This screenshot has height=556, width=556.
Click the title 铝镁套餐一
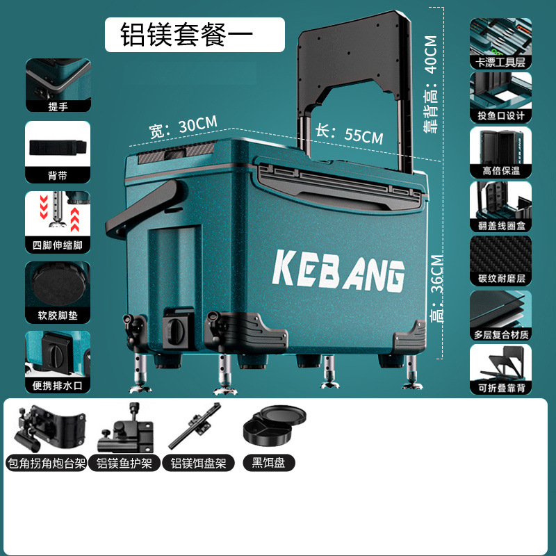tap(195, 35)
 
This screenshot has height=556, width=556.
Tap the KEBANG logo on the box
tap(339, 270)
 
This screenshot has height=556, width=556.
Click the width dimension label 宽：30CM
tap(183, 126)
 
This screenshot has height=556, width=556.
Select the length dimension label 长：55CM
tap(350, 133)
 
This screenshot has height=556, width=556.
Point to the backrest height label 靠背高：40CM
tap(431, 83)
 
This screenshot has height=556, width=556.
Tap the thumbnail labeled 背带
tap(58, 148)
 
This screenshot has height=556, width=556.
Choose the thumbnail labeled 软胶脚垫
tap(58, 284)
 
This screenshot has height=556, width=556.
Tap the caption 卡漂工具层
tap(500, 62)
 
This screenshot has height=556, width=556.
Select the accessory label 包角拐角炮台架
tap(46, 462)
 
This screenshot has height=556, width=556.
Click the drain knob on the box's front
tap(173, 327)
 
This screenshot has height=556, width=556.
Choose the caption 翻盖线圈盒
tap(500, 225)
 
